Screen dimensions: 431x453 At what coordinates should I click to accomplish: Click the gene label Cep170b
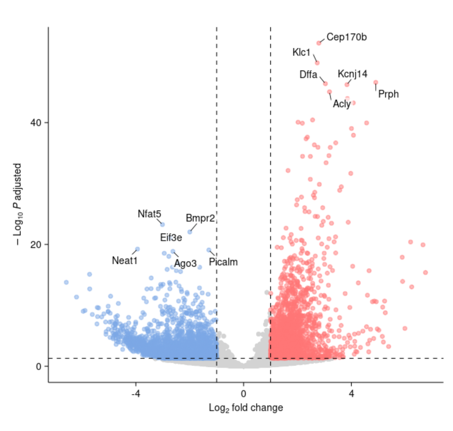pos(346,37)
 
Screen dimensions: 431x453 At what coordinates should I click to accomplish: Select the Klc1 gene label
pos(301,52)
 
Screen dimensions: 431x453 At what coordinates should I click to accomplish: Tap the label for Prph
pos(388,94)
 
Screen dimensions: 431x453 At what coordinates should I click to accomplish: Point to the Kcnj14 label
pos(352,74)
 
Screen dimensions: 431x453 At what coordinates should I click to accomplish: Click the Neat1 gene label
pos(125,261)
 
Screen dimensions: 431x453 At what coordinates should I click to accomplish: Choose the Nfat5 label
pos(149,214)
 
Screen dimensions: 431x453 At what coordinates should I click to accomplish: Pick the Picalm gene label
pos(223,262)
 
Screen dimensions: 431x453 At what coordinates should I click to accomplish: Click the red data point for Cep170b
pos(319,43)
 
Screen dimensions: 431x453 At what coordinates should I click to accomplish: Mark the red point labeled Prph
pos(375,82)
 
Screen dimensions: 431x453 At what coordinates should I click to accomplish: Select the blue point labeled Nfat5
pos(162,224)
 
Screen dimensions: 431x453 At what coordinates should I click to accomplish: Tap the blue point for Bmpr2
pos(190,232)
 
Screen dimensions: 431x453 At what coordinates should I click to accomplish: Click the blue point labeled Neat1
pos(137,249)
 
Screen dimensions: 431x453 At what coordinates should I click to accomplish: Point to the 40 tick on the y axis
pos(36,123)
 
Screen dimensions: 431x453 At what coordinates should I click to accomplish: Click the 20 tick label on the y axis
pos(36,244)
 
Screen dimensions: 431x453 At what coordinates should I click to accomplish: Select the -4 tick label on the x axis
pos(135,394)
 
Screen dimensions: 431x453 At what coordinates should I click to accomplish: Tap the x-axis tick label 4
pos(351,394)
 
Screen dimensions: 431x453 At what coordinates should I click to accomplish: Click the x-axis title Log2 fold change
pos(246,409)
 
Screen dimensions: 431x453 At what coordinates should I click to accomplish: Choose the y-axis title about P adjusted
pos(19,204)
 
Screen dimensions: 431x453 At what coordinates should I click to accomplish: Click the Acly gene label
pos(341,104)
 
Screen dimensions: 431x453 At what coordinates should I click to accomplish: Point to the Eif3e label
pos(171,238)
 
